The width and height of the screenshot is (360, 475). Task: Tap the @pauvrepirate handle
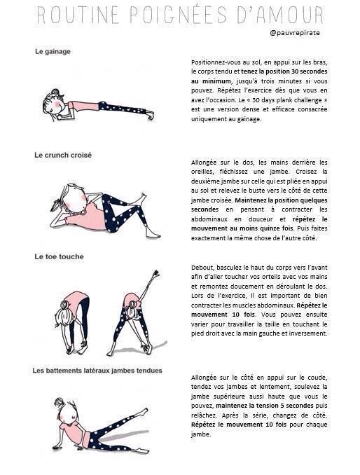[x=296, y=32]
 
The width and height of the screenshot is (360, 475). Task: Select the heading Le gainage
[x=53, y=51]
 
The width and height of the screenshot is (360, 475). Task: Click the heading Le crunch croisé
[x=63, y=155]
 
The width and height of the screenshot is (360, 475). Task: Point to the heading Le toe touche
[x=60, y=257]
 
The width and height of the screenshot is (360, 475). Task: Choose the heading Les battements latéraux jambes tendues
[x=98, y=370]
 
